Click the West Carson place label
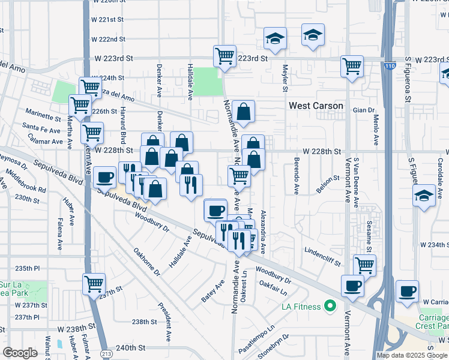tap(316, 106)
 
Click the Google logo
tap(20, 353)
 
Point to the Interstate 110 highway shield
tap(390, 67)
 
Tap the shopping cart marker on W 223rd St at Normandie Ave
tap(224, 56)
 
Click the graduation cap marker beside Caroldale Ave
tap(424, 196)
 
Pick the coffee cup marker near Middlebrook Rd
tap(105, 177)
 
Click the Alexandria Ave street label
tap(262, 231)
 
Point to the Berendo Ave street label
tap(297, 176)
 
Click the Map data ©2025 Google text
tap(411, 355)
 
